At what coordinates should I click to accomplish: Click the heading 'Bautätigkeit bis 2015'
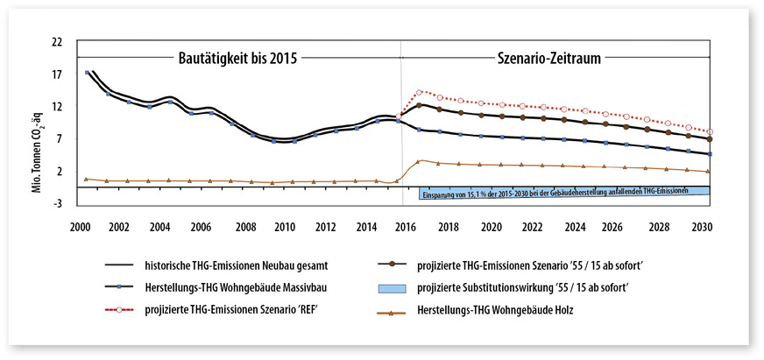click(x=231, y=59)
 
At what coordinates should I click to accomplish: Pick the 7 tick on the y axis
click(x=60, y=139)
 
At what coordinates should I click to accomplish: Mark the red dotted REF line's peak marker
click(x=420, y=92)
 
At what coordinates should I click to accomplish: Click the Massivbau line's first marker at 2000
click(x=87, y=73)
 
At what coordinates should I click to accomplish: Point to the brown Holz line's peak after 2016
click(x=421, y=161)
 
